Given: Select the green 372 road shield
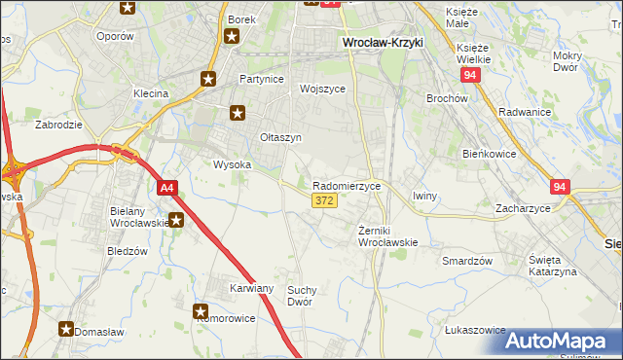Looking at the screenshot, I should coord(324,200).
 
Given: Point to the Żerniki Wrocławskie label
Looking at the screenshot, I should coord(387,236).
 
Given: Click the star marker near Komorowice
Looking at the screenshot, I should coord(201,312).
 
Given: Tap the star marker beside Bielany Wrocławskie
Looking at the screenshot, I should coord(175,220).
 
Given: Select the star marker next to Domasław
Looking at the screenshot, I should coord(66,329).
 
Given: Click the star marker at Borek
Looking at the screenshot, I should coord(232,37).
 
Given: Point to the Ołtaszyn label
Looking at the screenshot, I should coord(280,138).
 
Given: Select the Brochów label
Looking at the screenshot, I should coord(448,98).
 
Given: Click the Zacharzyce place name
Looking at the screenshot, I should coord(523,208).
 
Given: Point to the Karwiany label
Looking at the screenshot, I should coord(251,289).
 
